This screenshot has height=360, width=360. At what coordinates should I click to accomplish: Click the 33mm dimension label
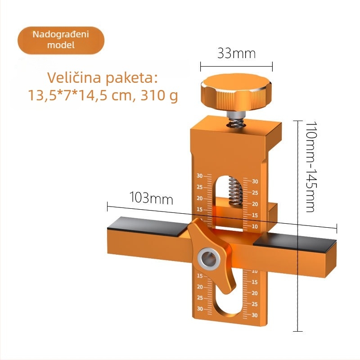click(236, 53)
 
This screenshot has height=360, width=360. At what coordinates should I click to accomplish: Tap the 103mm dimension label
click(151, 198)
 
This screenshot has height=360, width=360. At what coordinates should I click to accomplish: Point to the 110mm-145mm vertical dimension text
click(311, 166)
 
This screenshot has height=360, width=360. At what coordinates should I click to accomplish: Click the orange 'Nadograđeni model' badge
click(61, 40)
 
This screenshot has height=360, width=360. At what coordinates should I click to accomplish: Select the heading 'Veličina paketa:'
click(103, 78)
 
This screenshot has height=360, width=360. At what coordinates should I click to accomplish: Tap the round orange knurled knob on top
click(237, 92)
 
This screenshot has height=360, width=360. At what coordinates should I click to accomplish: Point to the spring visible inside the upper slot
click(235, 192)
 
